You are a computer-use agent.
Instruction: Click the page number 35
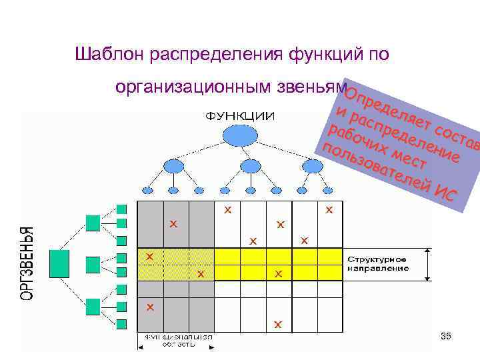click(446, 336)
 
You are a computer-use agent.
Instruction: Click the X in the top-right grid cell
click(329, 209)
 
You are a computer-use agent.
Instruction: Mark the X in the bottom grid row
click(278, 325)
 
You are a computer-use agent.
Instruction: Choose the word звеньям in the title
click(308, 87)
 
